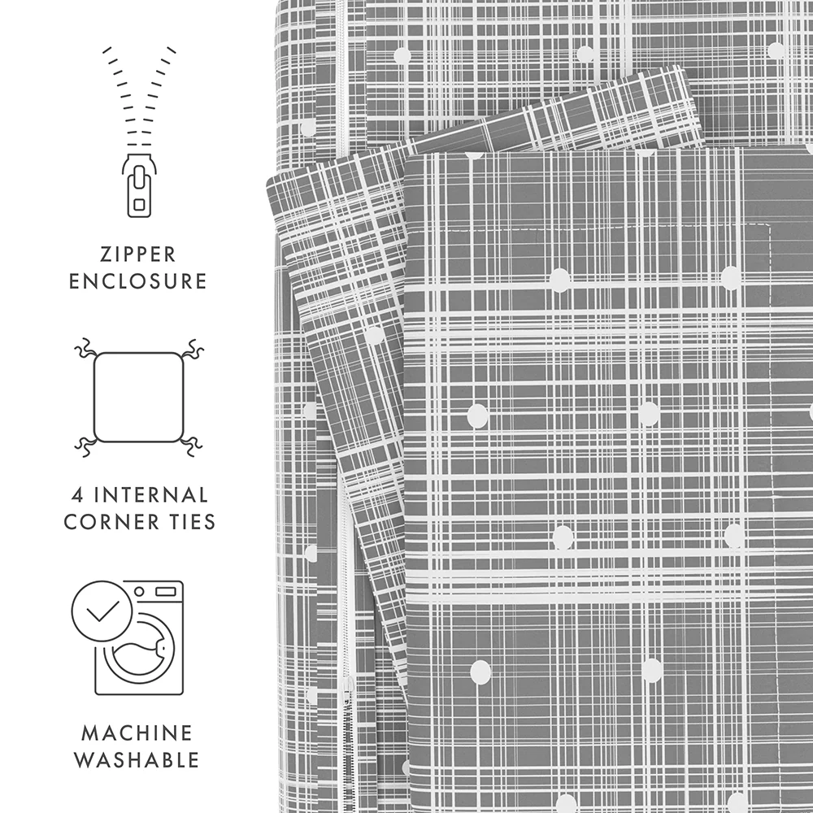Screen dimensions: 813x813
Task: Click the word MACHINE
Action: (x=137, y=733)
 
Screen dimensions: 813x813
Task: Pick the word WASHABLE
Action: (x=137, y=760)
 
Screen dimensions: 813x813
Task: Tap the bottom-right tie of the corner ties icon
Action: (x=191, y=445)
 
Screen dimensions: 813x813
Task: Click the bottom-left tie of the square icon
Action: (x=85, y=445)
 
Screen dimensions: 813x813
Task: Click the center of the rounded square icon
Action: (x=137, y=397)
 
